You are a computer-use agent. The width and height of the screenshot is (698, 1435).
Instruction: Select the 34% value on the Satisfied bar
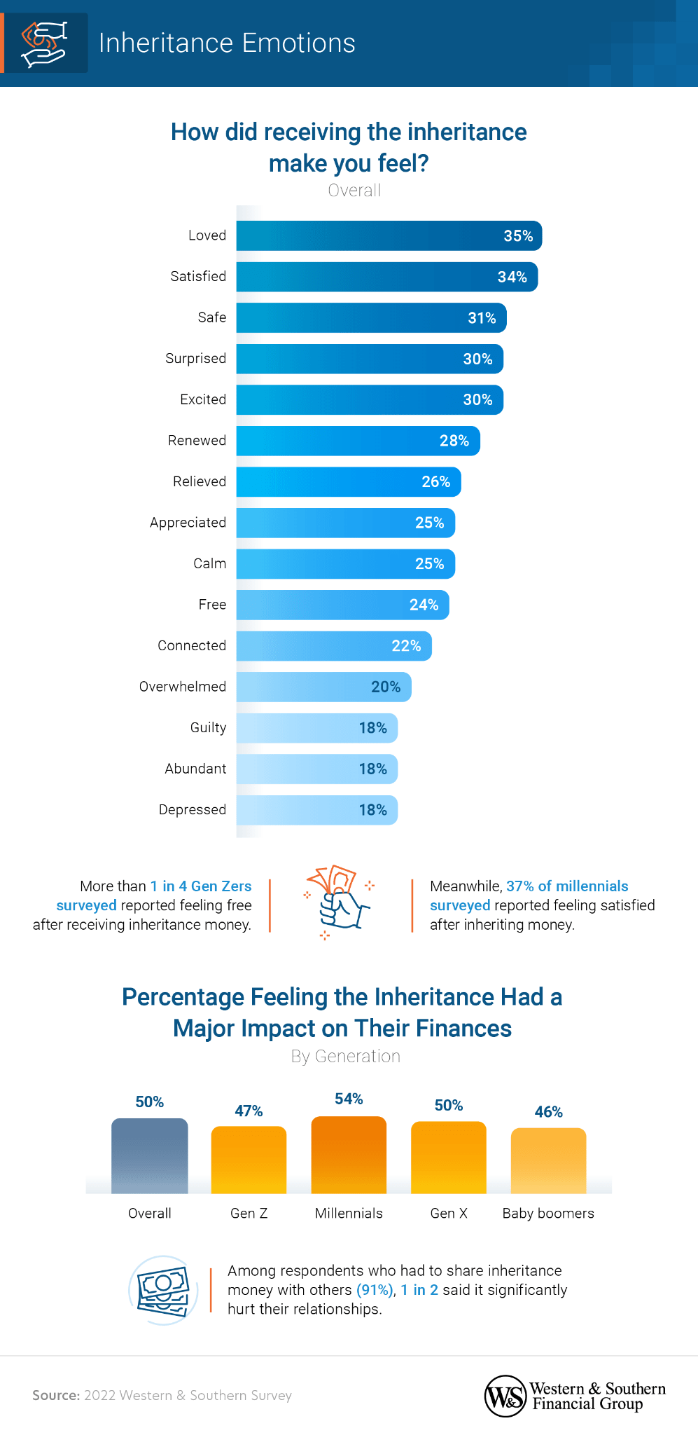512,277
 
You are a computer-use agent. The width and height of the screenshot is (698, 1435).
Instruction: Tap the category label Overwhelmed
182,687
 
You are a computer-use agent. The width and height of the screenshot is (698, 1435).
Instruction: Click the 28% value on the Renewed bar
454,441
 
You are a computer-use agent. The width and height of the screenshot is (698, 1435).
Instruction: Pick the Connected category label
191,646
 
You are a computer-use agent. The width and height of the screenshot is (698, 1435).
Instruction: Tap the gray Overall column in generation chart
150,1156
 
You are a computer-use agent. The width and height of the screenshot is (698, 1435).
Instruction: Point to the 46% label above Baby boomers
548,1112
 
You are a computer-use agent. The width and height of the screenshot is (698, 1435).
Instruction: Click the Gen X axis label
449,1214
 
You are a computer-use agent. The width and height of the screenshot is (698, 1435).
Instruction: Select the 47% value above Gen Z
249,1111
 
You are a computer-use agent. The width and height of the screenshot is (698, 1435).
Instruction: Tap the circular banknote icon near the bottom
163,1290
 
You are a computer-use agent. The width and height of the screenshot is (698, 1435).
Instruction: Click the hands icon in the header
44,43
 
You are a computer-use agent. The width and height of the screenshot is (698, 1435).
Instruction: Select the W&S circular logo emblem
505,1396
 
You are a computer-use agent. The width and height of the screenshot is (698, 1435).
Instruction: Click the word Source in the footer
56,1396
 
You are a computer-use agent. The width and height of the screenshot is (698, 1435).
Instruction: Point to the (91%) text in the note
375,1291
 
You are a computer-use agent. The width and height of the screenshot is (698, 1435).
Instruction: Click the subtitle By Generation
346,1057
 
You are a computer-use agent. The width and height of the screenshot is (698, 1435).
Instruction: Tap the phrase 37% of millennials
567,886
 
